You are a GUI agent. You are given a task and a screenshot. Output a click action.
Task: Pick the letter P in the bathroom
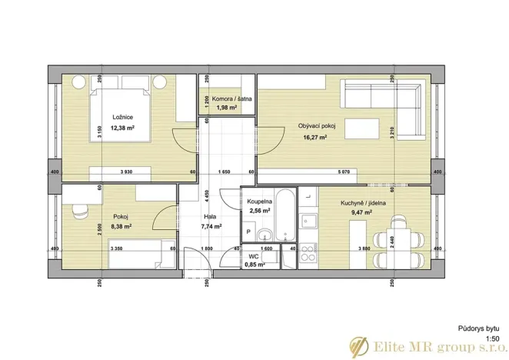[248, 231]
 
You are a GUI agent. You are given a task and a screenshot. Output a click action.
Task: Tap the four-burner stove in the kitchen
[309, 249]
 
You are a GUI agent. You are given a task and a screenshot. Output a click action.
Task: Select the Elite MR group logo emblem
[358, 345]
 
